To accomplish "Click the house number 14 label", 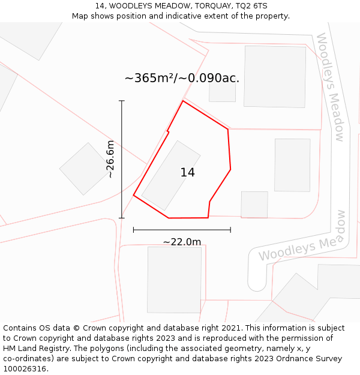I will pyautogui.click(x=187, y=173).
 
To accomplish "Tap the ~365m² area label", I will pyautogui.click(x=182, y=78).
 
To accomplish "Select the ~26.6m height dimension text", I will pyautogui.click(x=110, y=158).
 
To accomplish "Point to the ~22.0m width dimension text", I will pyautogui.click(x=182, y=242).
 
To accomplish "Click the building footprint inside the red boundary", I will pyautogui.click(x=171, y=175).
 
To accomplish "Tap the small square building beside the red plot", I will pyautogui.click(x=254, y=205).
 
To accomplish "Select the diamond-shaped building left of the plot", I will pyautogui.click(x=85, y=169).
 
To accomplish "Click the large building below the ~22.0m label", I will pyautogui.click(x=174, y=279).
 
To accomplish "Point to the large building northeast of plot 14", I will pyautogui.click(x=275, y=76).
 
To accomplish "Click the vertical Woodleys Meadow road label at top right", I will pyautogui.click(x=331, y=87).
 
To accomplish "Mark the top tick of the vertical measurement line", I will pyautogui.click(x=122, y=101).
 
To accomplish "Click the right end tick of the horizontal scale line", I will pyautogui.click(x=230, y=229).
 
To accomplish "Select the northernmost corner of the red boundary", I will pyautogui.click(x=183, y=101).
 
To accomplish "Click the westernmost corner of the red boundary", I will pyautogui.click(x=133, y=195).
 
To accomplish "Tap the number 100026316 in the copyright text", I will pyautogui.click(x=24, y=369).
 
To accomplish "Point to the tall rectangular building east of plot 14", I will pyautogui.click(x=292, y=165).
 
